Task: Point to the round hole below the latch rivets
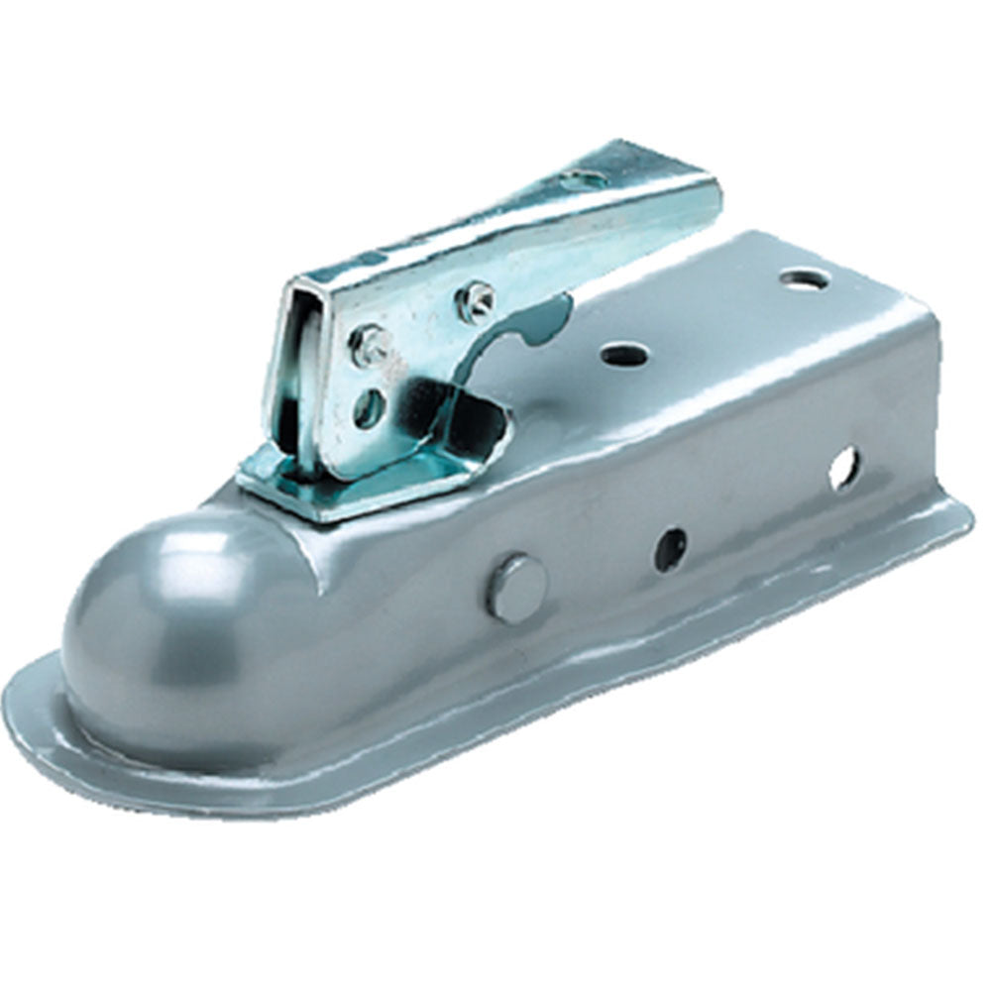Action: [x=370, y=407]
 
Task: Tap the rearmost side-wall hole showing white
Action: [x=844, y=468]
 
